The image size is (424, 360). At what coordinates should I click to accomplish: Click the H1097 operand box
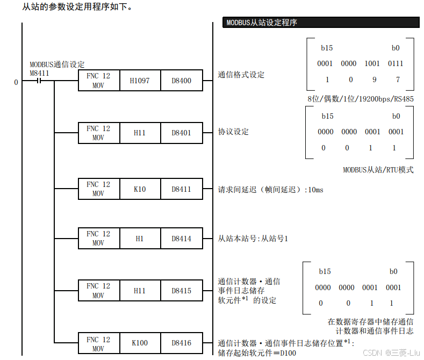click(140, 81)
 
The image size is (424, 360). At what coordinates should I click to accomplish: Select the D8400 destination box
click(182, 81)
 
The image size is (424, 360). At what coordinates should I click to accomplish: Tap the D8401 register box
click(182, 133)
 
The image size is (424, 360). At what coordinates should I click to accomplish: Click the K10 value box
click(140, 189)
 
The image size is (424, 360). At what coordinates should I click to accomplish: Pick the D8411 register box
click(182, 189)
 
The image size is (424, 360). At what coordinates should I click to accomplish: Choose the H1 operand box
click(140, 239)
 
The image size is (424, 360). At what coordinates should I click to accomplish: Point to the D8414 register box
click(182, 239)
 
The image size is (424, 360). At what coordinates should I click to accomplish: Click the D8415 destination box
click(182, 291)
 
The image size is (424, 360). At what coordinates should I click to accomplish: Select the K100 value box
click(140, 342)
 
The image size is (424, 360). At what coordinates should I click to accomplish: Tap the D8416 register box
click(182, 342)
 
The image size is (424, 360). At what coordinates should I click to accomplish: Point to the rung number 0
click(16, 82)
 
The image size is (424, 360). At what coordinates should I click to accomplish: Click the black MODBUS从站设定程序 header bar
click(321, 23)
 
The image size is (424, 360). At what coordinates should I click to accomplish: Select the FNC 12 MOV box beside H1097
click(98, 81)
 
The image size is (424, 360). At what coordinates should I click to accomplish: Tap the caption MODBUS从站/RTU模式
click(378, 170)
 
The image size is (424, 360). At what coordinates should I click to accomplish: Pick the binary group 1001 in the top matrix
click(372, 63)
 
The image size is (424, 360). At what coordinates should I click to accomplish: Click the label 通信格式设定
click(241, 75)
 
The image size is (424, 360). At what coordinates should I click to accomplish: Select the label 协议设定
click(233, 132)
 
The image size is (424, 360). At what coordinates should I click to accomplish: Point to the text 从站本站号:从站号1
click(253, 238)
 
